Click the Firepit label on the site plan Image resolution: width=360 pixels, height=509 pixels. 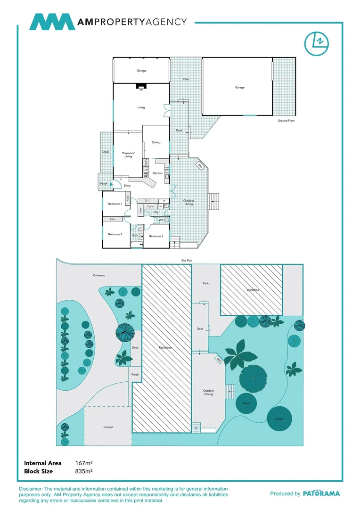273,418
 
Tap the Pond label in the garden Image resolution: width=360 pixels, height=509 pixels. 246,403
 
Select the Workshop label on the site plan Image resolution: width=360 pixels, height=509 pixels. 253,290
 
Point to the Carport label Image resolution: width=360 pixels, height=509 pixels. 108,427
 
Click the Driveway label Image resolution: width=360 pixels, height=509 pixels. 99,275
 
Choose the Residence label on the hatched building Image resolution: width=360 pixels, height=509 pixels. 165,348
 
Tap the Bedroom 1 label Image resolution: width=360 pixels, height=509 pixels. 115,204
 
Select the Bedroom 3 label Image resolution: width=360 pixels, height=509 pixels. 156,236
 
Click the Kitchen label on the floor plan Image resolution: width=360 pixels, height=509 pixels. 158,173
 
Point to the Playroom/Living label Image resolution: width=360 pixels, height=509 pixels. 128,155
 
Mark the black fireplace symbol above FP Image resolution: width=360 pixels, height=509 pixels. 141,86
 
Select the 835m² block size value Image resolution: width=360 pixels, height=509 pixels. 84,471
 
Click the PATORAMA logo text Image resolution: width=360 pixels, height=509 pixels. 321,493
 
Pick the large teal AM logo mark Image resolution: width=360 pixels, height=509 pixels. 52,22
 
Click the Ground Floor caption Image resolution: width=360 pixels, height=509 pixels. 286,121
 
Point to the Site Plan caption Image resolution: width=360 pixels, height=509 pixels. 187,260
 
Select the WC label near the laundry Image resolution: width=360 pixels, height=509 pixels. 161,220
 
